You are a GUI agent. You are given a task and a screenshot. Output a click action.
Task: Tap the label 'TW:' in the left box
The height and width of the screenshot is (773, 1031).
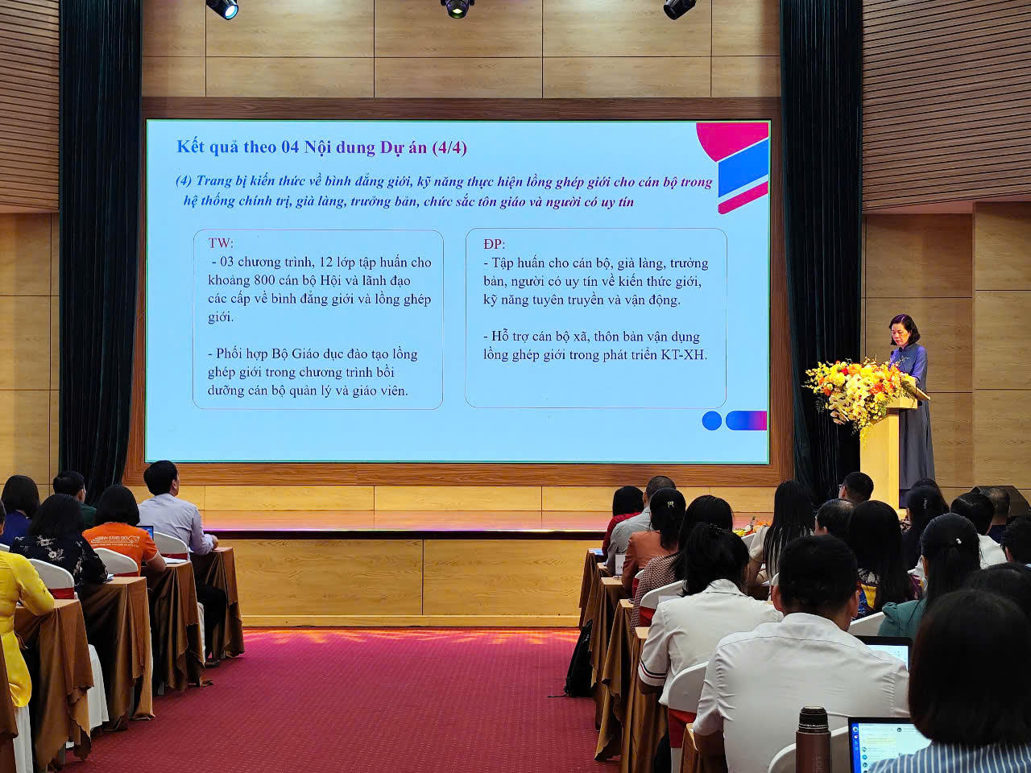pos(221,243)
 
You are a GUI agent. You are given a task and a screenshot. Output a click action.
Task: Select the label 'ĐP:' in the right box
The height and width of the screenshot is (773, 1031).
pos(493,243)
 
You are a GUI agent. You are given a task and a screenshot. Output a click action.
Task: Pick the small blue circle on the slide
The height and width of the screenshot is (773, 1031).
pos(711,420)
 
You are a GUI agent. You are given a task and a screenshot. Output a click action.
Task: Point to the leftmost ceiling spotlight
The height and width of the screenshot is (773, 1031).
pos(223,8)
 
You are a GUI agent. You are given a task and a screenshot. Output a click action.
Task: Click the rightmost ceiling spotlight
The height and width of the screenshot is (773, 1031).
pos(678,8)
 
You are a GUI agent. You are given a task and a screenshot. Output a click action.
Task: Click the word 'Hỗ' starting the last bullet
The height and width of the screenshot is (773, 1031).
pos(501,337)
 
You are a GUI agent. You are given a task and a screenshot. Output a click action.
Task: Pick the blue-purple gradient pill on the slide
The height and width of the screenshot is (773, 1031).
pos(746,420)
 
